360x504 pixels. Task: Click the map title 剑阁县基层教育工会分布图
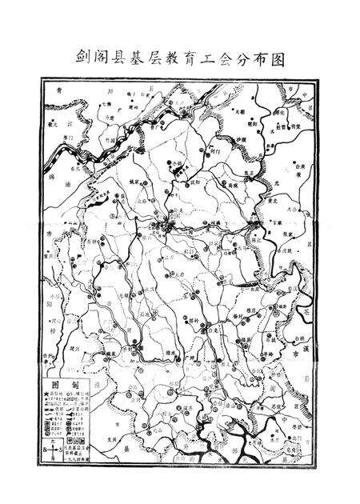180,58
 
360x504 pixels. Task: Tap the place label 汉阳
193,185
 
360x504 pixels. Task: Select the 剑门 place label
212,150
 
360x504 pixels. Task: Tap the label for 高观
233,184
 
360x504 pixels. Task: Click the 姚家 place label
133,183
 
